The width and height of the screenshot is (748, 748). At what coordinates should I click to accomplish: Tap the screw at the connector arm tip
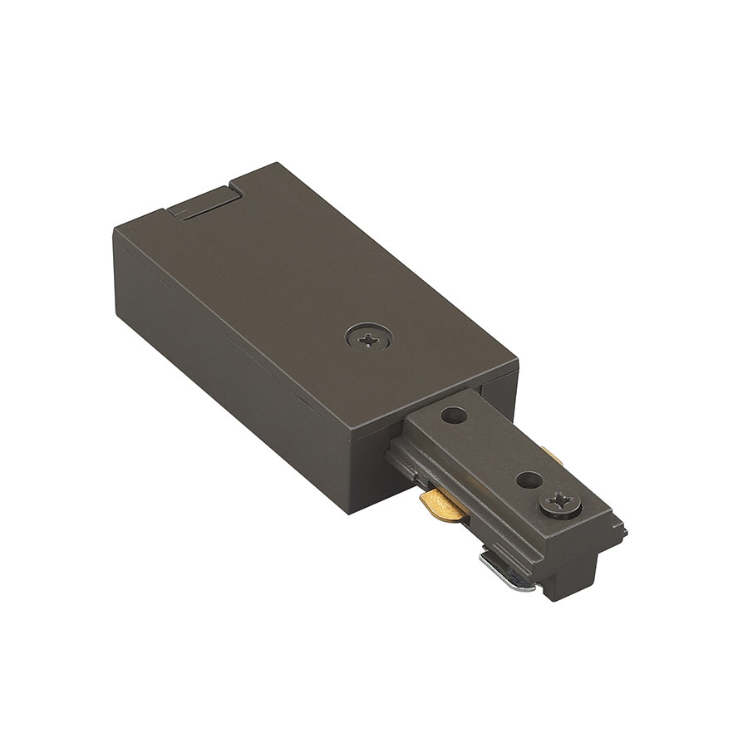pyautogui.click(x=558, y=502)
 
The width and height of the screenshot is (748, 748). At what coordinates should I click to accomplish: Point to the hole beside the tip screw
pyautogui.click(x=526, y=480)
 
